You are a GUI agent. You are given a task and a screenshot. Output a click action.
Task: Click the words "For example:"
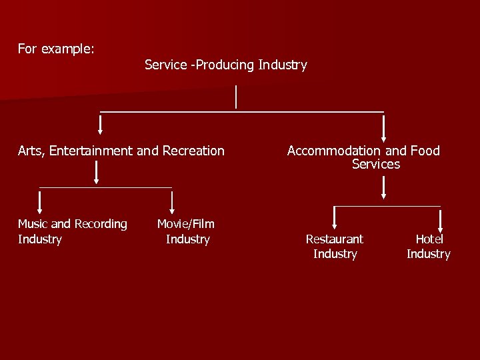pyautogui.click(x=56, y=49)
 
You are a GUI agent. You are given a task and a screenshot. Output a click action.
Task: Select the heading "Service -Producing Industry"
pyautogui.click(x=225, y=65)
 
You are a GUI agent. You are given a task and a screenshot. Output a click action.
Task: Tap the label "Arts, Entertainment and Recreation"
pyautogui.click(x=121, y=151)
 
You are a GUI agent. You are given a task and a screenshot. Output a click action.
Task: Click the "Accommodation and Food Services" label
pyautogui.click(x=364, y=157)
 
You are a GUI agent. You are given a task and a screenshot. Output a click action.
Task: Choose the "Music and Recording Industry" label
pyautogui.click(x=72, y=231)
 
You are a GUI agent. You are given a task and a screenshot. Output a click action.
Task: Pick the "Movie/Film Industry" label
pyautogui.click(x=186, y=231)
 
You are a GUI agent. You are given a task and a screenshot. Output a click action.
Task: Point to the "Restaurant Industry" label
pyautogui.click(x=335, y=246)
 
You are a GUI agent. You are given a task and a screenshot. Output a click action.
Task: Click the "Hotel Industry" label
pyautogui.click(x=429, y=246)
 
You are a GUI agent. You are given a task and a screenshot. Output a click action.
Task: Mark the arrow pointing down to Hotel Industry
pyautogui.click(x=441, y=217)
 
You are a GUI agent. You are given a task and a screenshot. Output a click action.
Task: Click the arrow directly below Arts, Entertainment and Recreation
pyautogui.click(x=97, y=172)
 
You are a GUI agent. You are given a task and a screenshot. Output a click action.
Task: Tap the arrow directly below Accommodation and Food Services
pyautogui.click(x=383, y=187)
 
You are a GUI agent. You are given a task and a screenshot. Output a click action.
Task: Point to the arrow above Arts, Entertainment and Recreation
pyautogui.click(x=101, y=124)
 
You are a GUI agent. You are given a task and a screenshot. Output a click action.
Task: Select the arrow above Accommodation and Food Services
pyautogui.click(x=383, y=127)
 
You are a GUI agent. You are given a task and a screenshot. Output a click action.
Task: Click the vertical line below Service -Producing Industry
pyautogui.click(x=236, y=97)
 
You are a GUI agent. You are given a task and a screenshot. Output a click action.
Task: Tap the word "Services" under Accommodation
pyautogui.click(x=376, y=164)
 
